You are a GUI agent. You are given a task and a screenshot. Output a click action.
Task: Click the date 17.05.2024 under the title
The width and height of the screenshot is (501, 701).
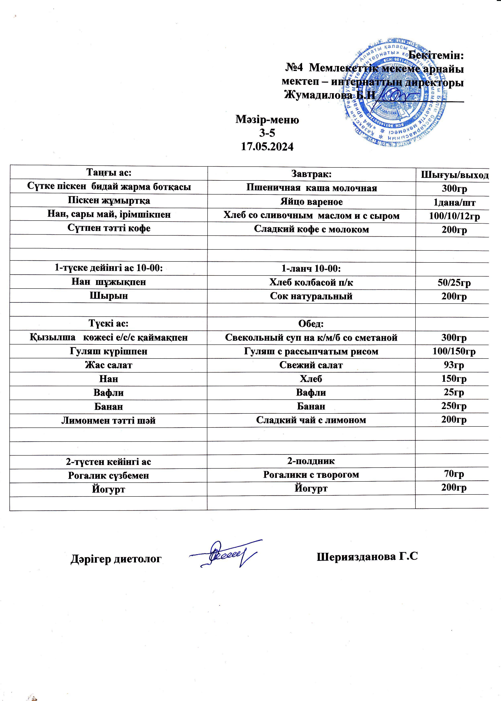(x=267, y=147)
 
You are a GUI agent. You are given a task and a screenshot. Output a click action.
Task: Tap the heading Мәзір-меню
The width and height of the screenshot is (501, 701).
(x=267, y=120)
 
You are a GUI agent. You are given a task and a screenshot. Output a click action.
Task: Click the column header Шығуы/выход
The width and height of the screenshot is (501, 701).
(x=455, y=175)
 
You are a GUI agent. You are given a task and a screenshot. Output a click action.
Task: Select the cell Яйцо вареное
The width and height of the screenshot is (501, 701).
(x=311, y=202)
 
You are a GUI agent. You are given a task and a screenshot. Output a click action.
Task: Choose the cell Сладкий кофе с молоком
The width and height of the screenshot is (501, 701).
(x=311, y=229)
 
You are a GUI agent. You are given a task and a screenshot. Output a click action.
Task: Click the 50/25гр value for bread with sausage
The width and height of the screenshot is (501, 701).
(x=454, y=283)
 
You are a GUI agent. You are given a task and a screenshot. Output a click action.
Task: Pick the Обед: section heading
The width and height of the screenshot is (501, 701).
(x=311, y=324)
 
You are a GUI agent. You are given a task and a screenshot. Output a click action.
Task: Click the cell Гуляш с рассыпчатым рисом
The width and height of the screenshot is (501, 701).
(x=311, y=351)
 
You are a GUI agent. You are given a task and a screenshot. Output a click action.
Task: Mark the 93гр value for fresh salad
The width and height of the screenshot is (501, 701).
(x=454, y=365)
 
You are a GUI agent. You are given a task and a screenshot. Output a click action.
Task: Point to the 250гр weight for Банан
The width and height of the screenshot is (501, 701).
(x=454, y=406)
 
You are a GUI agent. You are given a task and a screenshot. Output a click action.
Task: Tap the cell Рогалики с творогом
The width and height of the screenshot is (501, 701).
(x=311, y=475)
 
